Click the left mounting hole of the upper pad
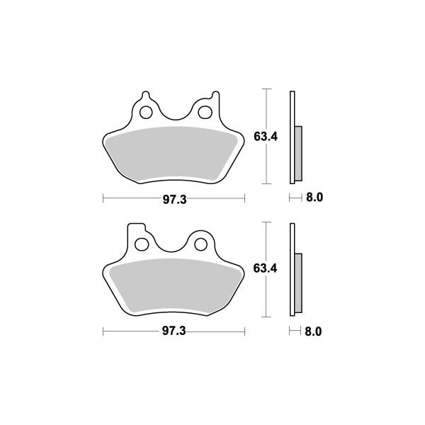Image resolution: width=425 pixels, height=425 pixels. (146, 112)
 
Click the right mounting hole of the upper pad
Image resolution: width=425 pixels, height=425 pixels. (205, 112)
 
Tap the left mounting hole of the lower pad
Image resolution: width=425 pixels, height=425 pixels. (142, 244)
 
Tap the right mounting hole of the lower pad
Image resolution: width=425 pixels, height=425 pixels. (200, 244)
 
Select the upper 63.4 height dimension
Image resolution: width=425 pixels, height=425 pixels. (266, 136)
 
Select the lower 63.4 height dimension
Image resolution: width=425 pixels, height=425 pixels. (265, 268)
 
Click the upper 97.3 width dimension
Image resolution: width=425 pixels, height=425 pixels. (174, 200)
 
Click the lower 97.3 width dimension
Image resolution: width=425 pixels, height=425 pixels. (174, 331)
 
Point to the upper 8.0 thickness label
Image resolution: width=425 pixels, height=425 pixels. (314, 198)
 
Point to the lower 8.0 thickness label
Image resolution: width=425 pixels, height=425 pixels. (313, 331)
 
